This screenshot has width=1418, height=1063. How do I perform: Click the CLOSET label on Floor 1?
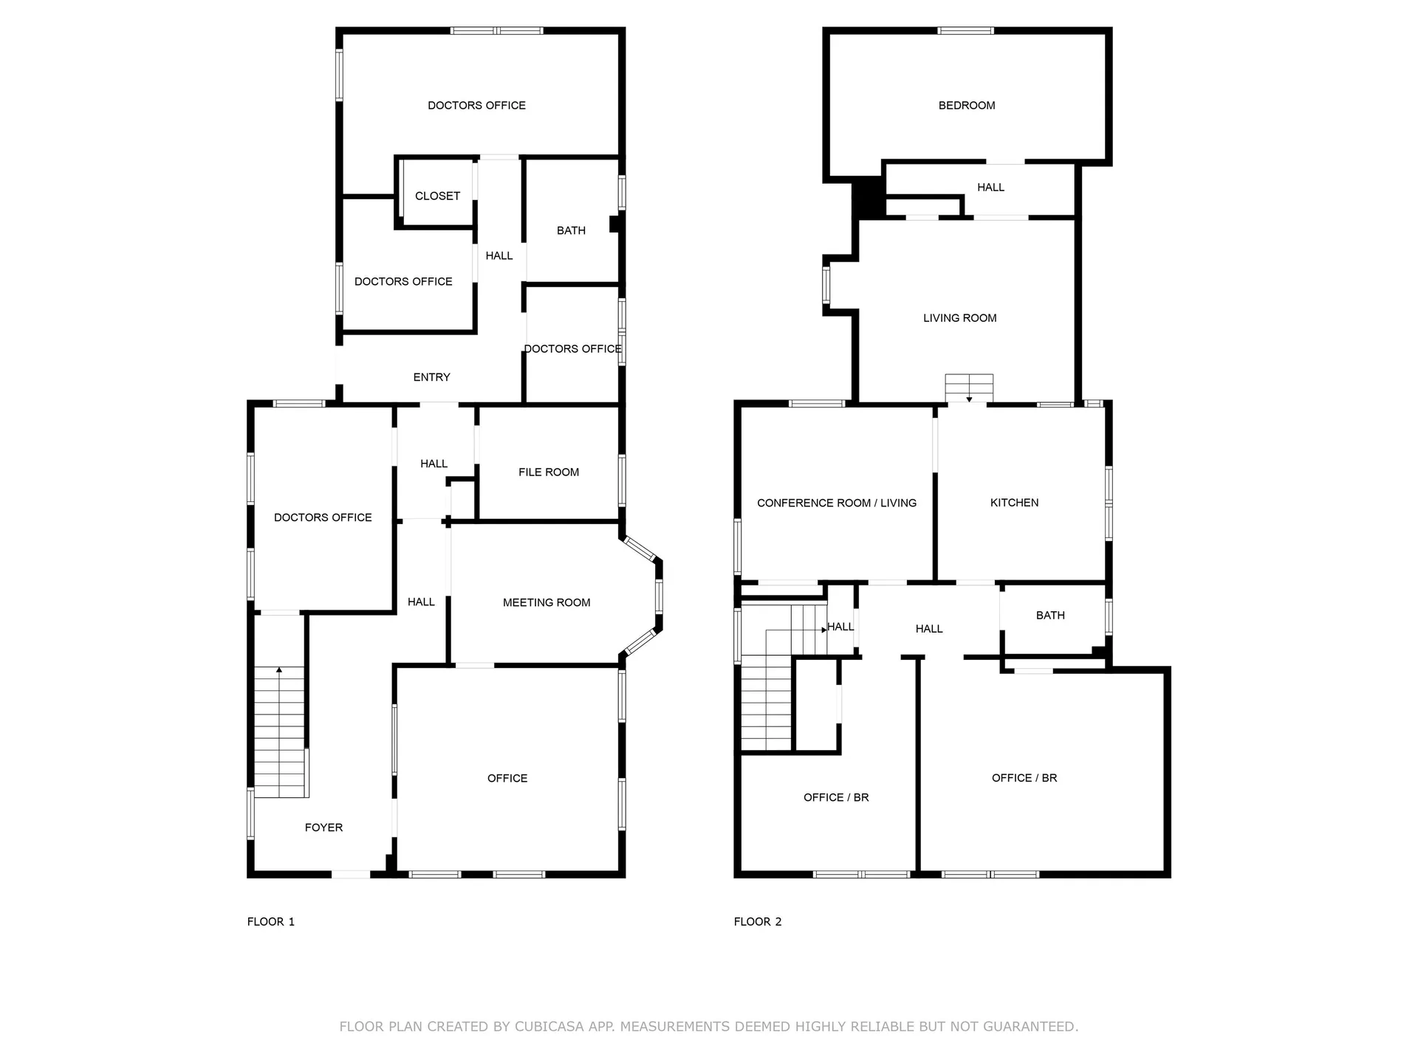pyautogui.click(x=437, y=196)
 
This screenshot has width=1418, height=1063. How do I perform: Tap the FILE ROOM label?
pyautogui.click(x=548, y=472)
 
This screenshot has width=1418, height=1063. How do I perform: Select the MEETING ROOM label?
pyautogui.click(x=547, y=602)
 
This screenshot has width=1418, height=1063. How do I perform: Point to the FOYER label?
pyautogui.click(x=323, y=828)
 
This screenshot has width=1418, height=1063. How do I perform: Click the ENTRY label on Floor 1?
pyautogui.click(x=431, y=377)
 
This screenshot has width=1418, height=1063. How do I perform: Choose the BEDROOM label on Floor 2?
pyautogui.click(x=966, y=106)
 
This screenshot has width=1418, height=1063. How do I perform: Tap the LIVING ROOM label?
pyautogui.click(x=959, y=318)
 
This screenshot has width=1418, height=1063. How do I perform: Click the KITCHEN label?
pyautogui.click(x=1014, y=503)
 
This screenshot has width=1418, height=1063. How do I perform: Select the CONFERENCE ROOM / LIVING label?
pyautogui.click(x=836, y=503)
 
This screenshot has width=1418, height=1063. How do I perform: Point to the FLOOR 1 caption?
pyautogui.click(x=270, y=921)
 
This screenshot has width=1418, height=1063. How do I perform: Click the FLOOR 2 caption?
pyautogui.click(x=757, y=921)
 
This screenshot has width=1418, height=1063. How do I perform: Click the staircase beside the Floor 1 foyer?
pyautogui.click(x=280, y=731)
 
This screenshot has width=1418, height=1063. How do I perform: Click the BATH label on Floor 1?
pyautogui.click(x=571, y=230)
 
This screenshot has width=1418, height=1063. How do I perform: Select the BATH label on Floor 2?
pyautogui.click(x=1049, y=615)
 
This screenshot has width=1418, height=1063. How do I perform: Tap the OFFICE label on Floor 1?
pyautogui.click(x=507, y=778)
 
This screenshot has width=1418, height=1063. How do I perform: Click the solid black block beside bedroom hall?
pyautogui.click(x=869, y=198)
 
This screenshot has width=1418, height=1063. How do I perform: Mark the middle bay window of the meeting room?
pyautogui.click(x=659, y=596)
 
